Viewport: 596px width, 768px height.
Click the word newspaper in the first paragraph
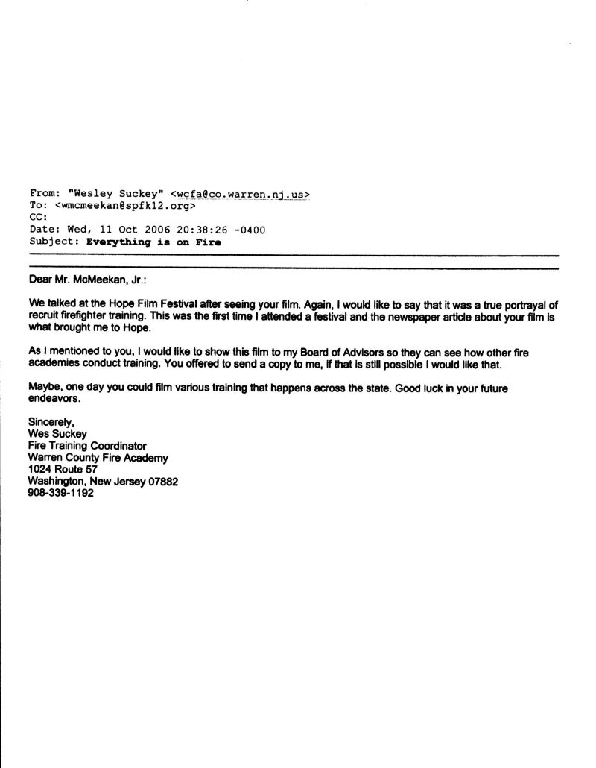tap(378, 316)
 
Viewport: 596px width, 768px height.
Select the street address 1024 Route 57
tap(63, 470)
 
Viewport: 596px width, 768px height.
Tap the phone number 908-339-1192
tap(61, 494)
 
